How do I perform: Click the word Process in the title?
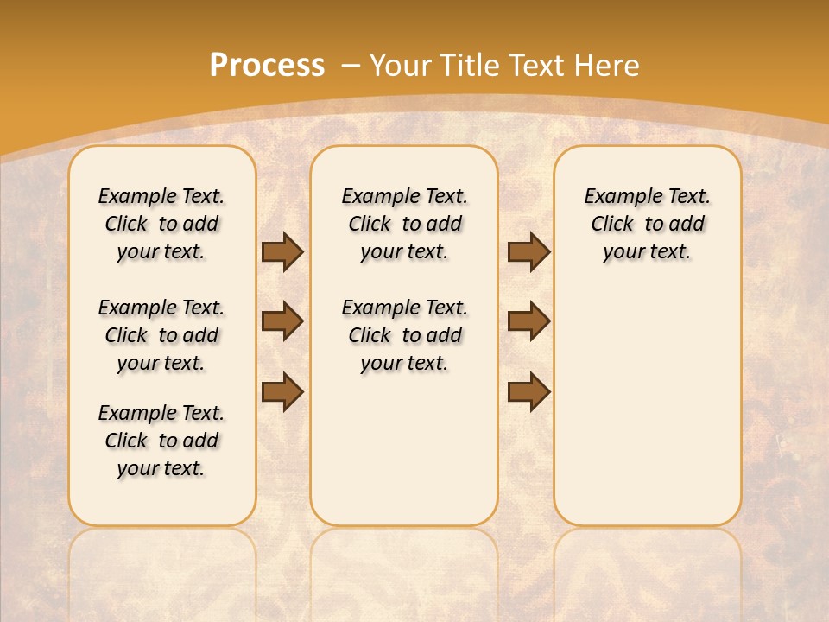(267, 66)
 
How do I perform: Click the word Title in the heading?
(471, 66)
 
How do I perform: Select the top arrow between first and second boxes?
(282, 251)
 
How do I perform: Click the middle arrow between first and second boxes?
(282, 321)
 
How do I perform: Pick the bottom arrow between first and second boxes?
(282, 391)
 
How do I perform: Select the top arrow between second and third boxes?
(528, 251)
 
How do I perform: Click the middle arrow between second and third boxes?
(528, 321)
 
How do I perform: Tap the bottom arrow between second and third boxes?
(528, 391)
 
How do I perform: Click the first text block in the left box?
(161, 224)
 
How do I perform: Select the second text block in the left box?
(161, 335)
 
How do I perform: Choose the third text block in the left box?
(161, 441)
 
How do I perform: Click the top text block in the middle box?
(404, 224)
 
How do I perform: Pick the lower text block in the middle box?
(404, 335)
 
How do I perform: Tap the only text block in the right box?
(647, 224)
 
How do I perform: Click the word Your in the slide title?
(402, 66)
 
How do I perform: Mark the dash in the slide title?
(351, 66)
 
